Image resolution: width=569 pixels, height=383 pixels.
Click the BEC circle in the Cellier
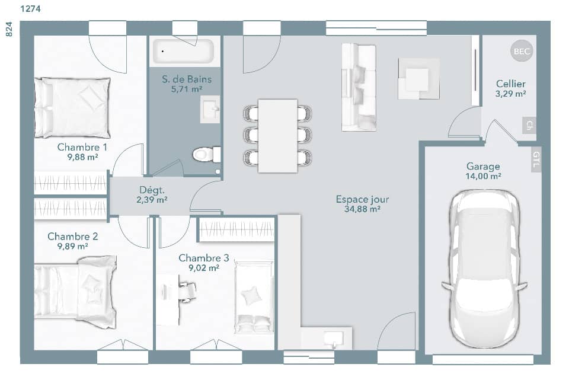coord(522,52)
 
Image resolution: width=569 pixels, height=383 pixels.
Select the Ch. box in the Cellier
coord(529,126)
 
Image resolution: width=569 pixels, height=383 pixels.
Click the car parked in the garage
coord(484,268)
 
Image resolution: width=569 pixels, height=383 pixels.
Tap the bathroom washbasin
coord(210,110)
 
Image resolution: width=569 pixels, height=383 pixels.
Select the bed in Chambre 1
coord(72,107)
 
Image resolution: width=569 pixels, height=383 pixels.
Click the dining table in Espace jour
coord(277,136)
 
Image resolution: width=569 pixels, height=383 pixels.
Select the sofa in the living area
coord(359,87)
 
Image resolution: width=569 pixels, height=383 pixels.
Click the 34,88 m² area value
coord(362,209)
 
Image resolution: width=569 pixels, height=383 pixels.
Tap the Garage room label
coord(483,167)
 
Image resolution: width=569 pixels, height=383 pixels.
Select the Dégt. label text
coord(152,190)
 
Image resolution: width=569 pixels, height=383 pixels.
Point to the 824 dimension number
coord(9,30)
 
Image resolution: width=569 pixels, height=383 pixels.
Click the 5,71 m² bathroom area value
coord(187,90)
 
